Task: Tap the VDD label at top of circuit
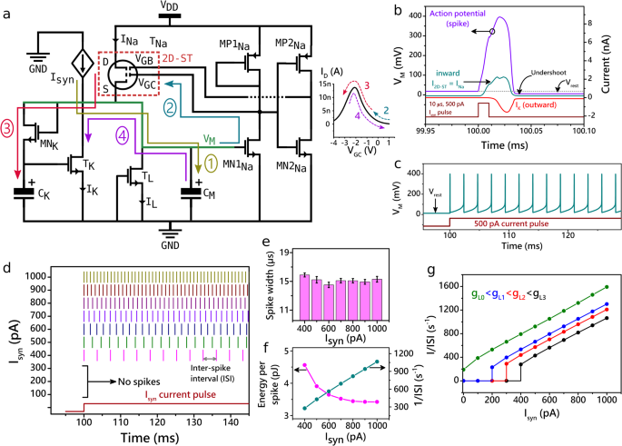click(170, 6)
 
